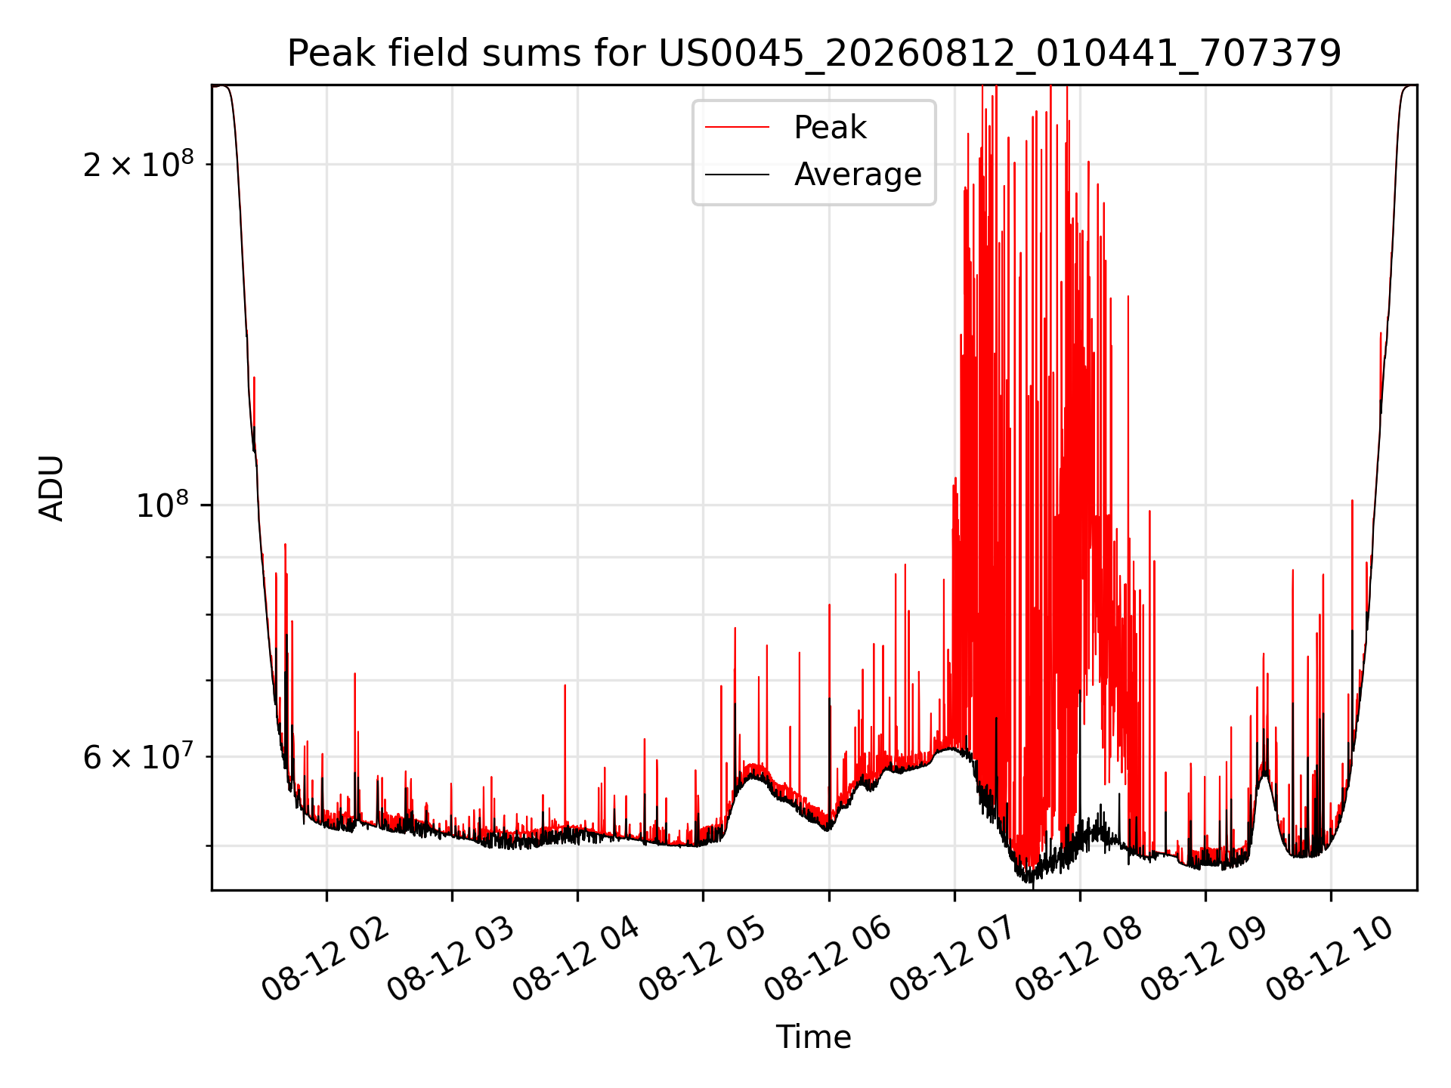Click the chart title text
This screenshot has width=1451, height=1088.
coord(814,54)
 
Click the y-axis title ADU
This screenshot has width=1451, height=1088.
coord(51,488)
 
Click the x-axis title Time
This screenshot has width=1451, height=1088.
coord(814,1037)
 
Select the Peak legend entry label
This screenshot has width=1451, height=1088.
coord(830,128)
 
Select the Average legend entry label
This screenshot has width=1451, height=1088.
coord(858,175)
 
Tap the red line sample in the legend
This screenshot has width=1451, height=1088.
coord(738,128)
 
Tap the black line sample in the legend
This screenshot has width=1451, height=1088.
coord(738,175)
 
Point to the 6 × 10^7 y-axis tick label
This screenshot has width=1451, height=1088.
coord(138,756)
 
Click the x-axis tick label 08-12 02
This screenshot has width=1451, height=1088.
coord(326,959)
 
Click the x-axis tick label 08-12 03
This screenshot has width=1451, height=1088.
coord(451,959)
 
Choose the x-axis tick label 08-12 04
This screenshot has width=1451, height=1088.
coord(577,959)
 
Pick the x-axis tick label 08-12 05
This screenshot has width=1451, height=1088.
coord(702,959)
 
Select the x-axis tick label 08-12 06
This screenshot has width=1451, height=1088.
coord(828,959)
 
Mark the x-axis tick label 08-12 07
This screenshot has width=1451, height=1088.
coord(953,959)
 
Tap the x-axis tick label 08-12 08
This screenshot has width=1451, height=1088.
coord(1078,959)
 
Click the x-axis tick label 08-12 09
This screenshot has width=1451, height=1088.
coord(1204,959)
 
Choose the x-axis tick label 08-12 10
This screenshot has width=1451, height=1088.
coord(1329,959)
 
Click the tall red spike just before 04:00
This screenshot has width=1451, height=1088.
coord(565,756)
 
